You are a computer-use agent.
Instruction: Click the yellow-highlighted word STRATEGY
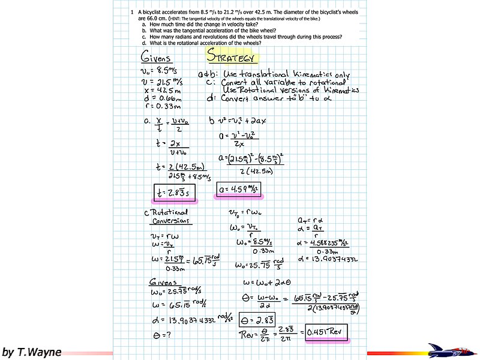[x=232, y=56]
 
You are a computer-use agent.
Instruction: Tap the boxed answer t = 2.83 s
[x=173, y=192]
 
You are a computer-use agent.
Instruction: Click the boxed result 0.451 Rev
[x=326, y=332]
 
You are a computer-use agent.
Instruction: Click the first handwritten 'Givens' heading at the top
[x=156, y=58]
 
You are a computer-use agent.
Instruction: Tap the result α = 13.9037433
[x=327, y=259]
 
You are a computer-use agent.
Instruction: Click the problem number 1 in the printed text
[x=132, y=12]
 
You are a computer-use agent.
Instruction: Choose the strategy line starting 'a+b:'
[x=273, y=74]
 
